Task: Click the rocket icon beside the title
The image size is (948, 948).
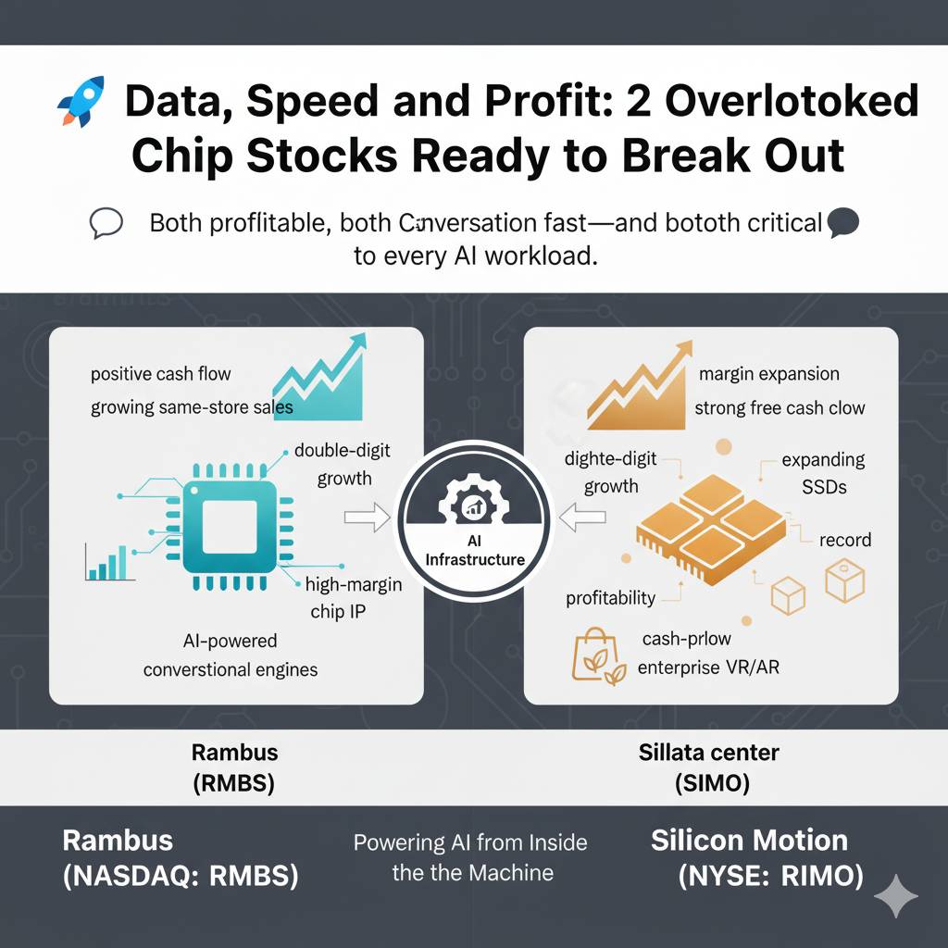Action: [x=81, y=101]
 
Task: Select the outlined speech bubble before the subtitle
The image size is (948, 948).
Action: [x=106, y=223]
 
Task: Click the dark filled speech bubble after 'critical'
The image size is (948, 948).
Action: [x=842, y=222]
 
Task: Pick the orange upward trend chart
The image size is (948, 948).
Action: [x=639, y=387]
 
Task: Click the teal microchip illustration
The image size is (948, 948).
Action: [x=230, y=526]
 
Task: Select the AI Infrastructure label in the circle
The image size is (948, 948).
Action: [x=475, y=550]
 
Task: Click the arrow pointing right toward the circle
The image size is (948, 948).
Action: [x=367, y=517]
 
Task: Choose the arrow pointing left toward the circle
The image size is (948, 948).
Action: [x=581, y=517]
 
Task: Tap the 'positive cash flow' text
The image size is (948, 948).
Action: [x=161, y=374]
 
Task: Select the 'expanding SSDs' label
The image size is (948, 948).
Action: [x=823, y=473]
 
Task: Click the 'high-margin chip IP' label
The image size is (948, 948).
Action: [x=353, y=598]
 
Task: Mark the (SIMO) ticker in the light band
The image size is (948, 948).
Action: [x=712, y=783]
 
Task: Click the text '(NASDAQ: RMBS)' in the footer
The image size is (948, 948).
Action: [x=181, y=876]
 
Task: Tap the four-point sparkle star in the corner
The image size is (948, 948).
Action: [x=896, y=896]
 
